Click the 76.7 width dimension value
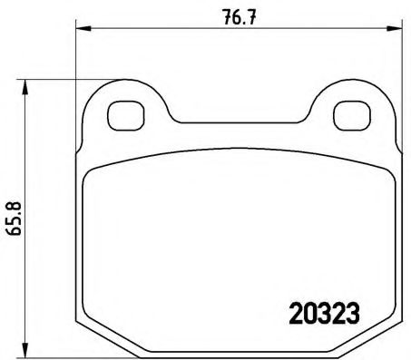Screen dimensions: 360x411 [233, 15]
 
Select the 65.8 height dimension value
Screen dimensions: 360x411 [12, 216]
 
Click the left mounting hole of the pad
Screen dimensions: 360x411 [121, 115]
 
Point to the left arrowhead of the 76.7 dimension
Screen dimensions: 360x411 [80, 28]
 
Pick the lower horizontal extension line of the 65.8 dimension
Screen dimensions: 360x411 [54, 355]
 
